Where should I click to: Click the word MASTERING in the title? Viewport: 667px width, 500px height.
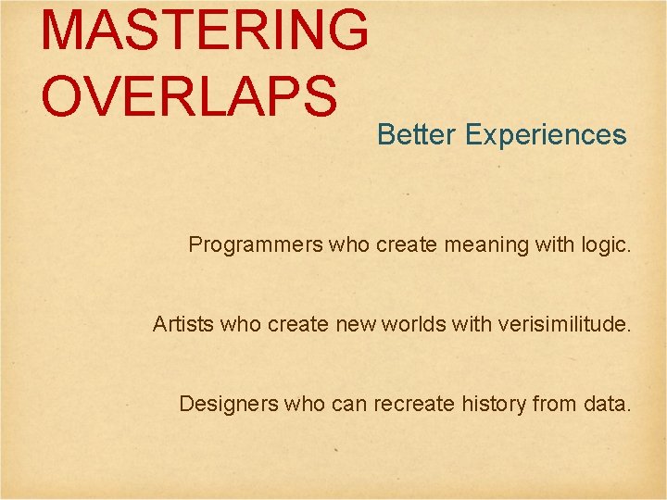[x=205, y=30]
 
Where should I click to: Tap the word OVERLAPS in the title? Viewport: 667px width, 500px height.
[x=189, y=95]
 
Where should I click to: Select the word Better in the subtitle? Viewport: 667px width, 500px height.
[x=417, y=135]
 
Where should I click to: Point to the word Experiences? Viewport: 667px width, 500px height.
[x=546, y=136]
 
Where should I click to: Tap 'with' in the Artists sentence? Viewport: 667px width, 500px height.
[x=472, y=325]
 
